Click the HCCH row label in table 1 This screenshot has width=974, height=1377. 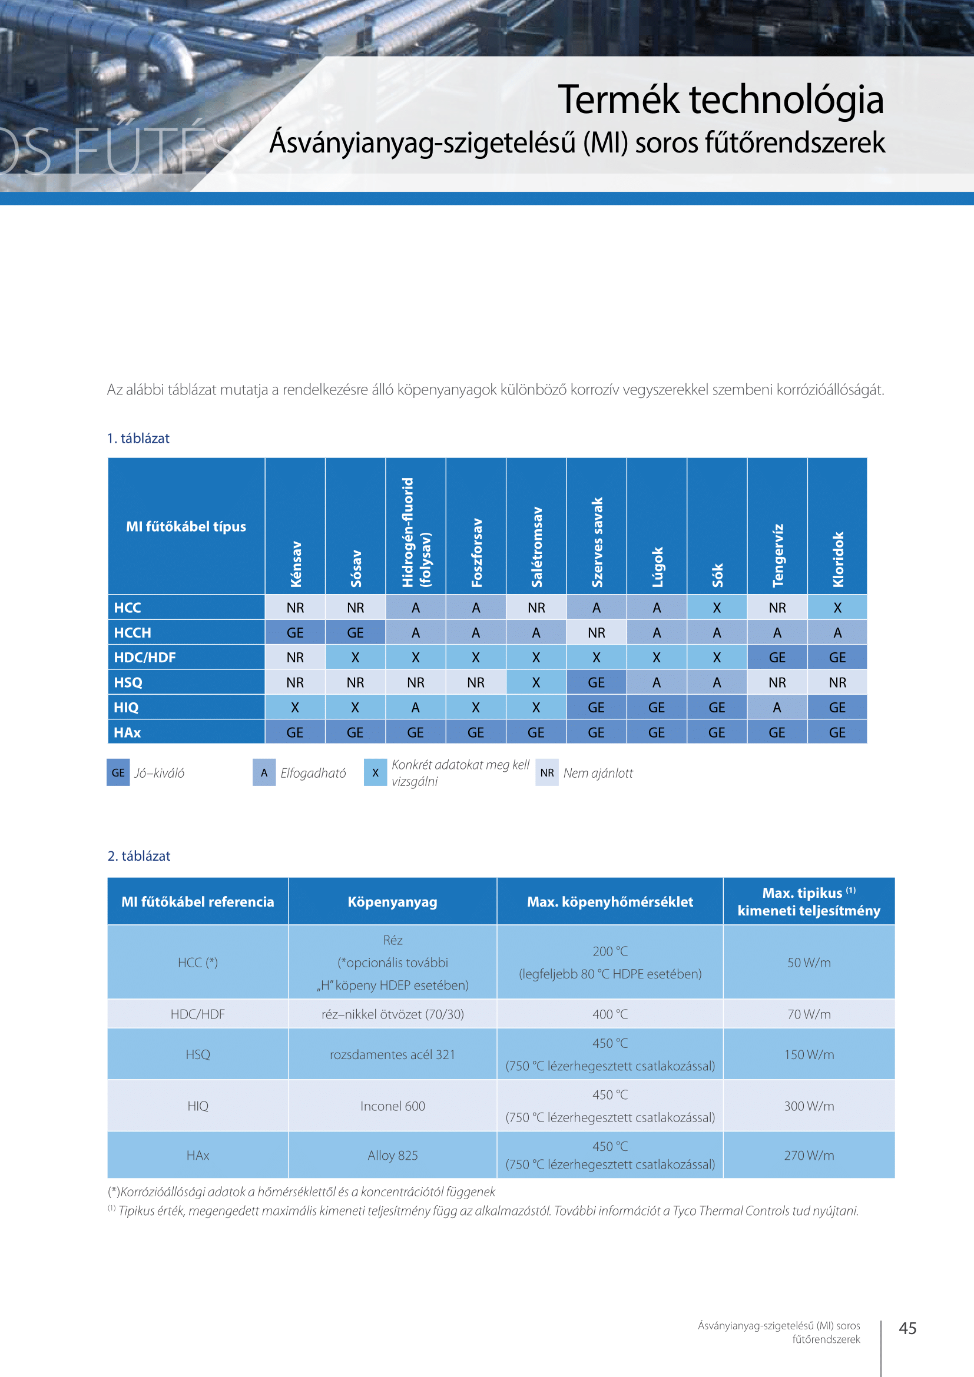click(132, 633)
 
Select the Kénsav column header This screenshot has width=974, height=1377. click(296, 564)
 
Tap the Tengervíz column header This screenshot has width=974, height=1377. click(778, 555)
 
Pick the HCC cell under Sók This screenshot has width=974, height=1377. click(717, 608)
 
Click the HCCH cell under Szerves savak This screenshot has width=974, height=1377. click(596, 633)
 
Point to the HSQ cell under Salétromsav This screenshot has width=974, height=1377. click(536, 682)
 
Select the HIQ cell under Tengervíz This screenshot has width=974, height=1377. click(777, 708)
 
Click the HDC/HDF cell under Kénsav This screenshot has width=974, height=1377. click(295, 658)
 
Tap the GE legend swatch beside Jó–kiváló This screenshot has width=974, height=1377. click(118, 772)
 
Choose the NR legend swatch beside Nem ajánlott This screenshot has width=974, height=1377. click(547, 772)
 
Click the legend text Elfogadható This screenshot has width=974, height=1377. click(313, 773)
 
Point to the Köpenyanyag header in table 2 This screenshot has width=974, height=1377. click(392, 901)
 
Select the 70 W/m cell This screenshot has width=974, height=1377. click(809, 1014)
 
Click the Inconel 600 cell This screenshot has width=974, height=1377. click(393, 1106)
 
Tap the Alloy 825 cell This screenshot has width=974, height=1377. click(393, 1155)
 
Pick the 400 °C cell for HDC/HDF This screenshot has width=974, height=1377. click(610, 1014)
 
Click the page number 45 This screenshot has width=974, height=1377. click(907, 1328)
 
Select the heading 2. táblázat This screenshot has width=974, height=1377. click(139, 856)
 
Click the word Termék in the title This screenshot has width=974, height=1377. click(618, 99)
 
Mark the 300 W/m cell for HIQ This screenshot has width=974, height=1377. click(809, 1106)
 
